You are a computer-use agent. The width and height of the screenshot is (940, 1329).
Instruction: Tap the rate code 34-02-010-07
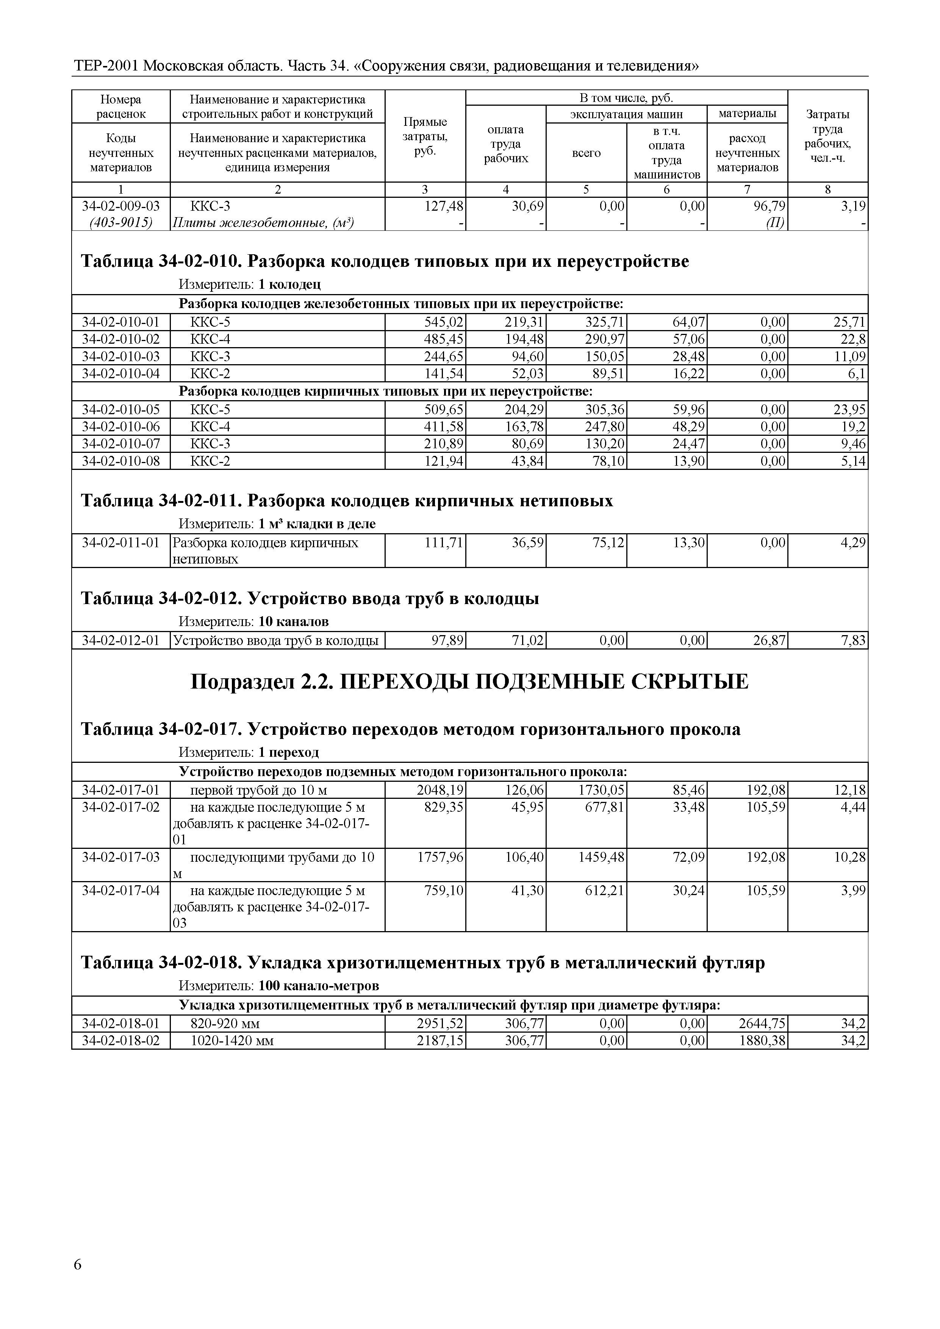coord(121,444)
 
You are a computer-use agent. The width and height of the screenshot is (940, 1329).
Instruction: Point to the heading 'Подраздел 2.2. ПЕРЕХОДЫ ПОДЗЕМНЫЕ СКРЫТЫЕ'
coord(469,682)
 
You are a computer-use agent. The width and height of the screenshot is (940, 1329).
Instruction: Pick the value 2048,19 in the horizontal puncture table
coord(441,790)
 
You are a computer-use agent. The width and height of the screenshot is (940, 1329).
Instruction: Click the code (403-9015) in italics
coord(121,223)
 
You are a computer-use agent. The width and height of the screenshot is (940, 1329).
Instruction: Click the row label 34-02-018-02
coord(121,1041)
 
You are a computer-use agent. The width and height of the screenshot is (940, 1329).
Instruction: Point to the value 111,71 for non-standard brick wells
coord(444,542)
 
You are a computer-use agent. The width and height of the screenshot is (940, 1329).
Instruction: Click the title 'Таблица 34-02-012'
coord(160,598)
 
